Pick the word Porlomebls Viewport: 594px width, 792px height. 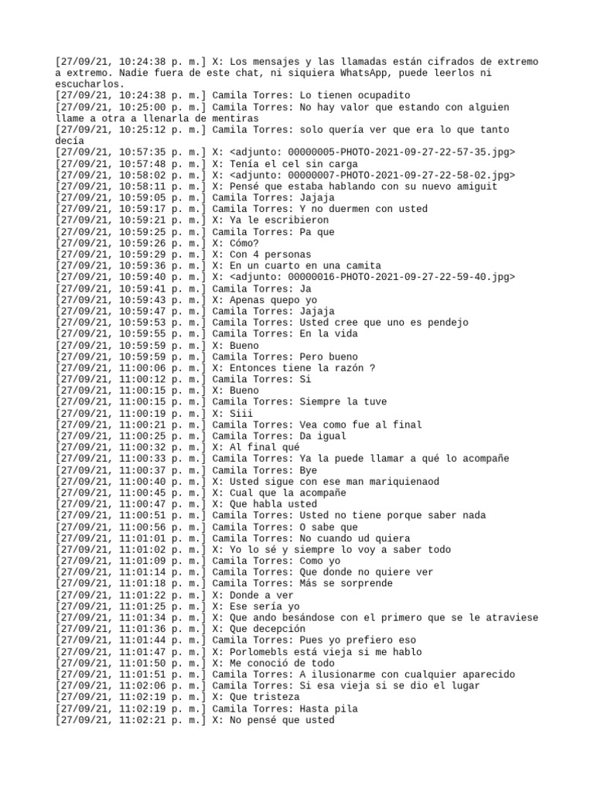(260, 651)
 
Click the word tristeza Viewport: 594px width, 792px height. (279, 697)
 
